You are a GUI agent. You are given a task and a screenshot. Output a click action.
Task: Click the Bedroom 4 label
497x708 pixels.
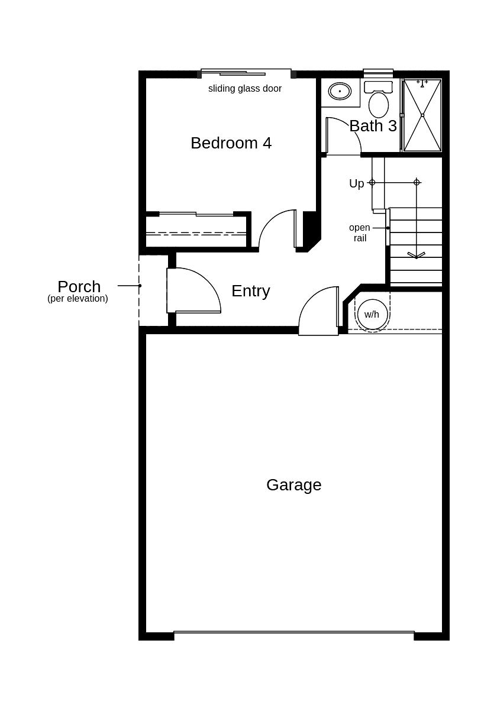coord(231,143)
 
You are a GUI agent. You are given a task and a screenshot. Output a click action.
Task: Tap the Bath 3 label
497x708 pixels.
coord(373,126)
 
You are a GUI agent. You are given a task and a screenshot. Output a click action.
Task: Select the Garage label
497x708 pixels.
coord(293,485)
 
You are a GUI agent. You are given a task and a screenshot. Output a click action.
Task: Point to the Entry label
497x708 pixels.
coord(250,291)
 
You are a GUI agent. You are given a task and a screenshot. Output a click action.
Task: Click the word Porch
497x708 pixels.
coord(79,287)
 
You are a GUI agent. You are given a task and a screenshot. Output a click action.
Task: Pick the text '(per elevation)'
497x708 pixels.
coord(78,299)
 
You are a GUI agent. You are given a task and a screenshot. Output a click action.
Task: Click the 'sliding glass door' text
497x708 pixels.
coord(244,89)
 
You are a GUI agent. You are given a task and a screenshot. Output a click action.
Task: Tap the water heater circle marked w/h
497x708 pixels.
coord(372,315)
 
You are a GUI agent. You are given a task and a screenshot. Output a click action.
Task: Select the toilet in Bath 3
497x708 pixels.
coord(379,103)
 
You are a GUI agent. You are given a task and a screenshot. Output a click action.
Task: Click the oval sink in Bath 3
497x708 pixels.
coord(340,91)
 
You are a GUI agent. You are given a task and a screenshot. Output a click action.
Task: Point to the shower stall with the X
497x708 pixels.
coord(422,115)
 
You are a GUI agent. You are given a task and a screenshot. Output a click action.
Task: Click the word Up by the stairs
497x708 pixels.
coord(356,184)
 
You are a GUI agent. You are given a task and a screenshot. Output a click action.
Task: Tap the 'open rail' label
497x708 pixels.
coord(359,233)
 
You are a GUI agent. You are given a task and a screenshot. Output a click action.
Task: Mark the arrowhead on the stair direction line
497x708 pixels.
coord(416,256)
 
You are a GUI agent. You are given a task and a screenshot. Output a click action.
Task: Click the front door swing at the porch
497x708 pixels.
coord(195,290)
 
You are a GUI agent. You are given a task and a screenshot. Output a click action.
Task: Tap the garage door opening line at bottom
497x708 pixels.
coord(293,632)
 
